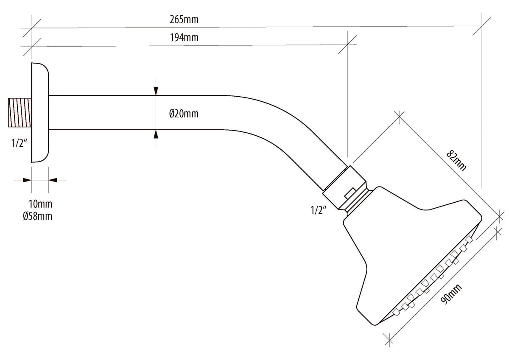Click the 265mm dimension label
point(184,20)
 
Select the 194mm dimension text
point(184,37)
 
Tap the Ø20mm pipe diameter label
point(184,114)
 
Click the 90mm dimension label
point(451,294)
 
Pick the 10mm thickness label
point(40,204)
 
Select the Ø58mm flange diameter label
point(37,216)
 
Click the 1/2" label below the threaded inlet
point(20,143)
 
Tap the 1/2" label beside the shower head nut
point(319,210)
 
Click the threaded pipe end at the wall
point(20,112)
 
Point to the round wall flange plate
point(40,113)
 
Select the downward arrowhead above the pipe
point(156,91)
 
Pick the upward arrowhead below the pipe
point(156,134)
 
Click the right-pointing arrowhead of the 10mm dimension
point(27,180)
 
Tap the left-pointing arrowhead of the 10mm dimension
point(53,180)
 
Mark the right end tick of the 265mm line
point(482,26)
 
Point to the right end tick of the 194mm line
point(347,45)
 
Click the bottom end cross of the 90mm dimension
point(389,340)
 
